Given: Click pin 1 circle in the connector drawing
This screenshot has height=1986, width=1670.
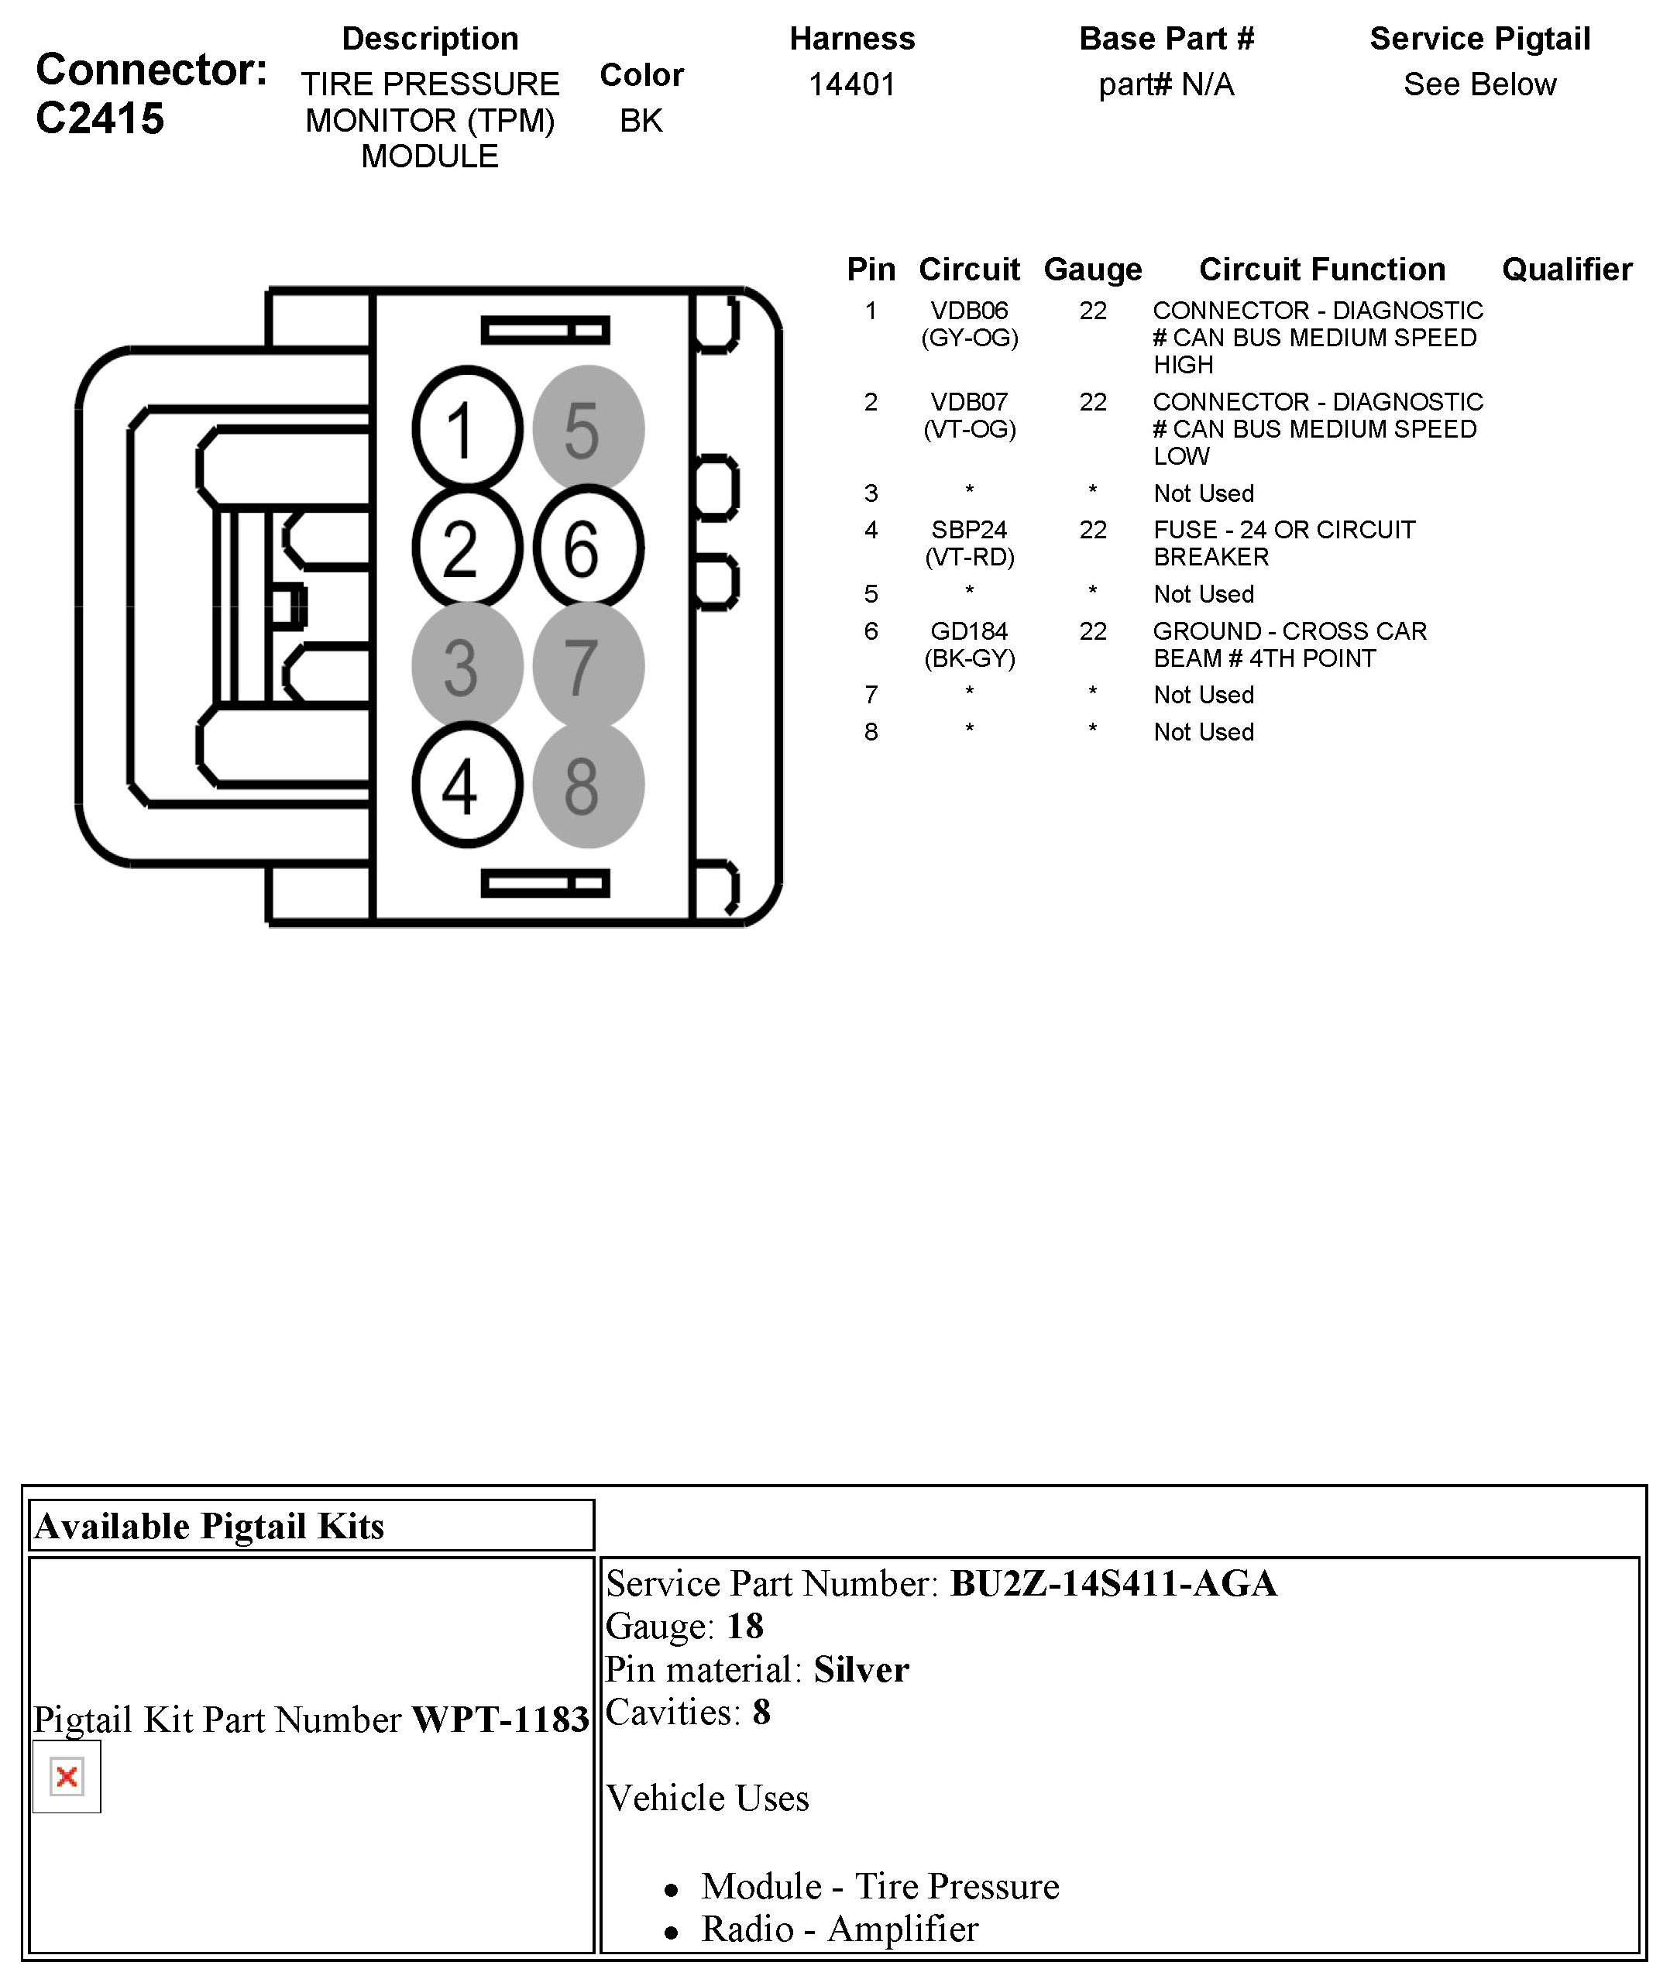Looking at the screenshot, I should point(467,429).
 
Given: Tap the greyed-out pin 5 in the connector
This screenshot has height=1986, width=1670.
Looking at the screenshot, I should point(588,429).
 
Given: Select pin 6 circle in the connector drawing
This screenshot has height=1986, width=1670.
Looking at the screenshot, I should point(588,547).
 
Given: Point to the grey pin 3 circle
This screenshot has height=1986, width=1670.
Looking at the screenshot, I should point(467,666).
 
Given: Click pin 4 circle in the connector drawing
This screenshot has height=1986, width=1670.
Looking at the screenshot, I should point(467,785).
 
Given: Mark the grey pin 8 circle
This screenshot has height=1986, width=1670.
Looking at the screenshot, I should point(588,785).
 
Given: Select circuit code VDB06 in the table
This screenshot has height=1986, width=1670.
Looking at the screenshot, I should point(968,311).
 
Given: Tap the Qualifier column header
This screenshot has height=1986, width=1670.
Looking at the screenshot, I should point(1566,270).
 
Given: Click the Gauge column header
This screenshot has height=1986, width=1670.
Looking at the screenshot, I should point(1091,270).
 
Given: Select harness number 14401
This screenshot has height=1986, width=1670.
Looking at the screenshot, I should point(851,85).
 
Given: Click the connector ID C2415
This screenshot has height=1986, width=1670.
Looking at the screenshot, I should point(101,119).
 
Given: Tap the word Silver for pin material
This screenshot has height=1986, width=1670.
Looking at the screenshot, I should point(861,1670).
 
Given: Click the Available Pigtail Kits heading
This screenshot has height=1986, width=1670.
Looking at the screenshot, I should point(209,1527).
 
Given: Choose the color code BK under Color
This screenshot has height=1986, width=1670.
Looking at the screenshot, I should point(641,121).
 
